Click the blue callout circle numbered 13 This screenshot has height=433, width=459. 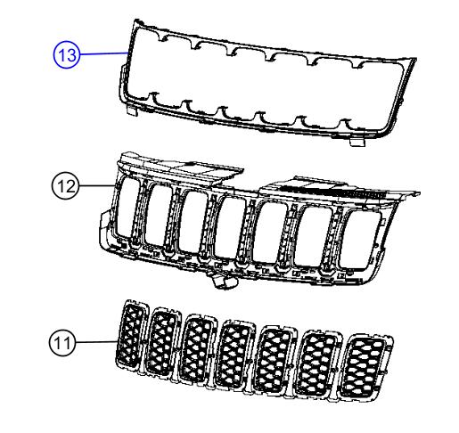67,54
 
